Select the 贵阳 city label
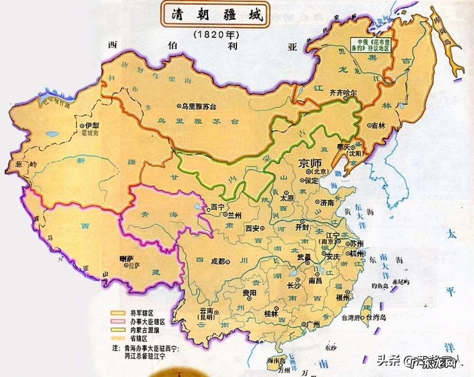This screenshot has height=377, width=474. click(250, 293)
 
